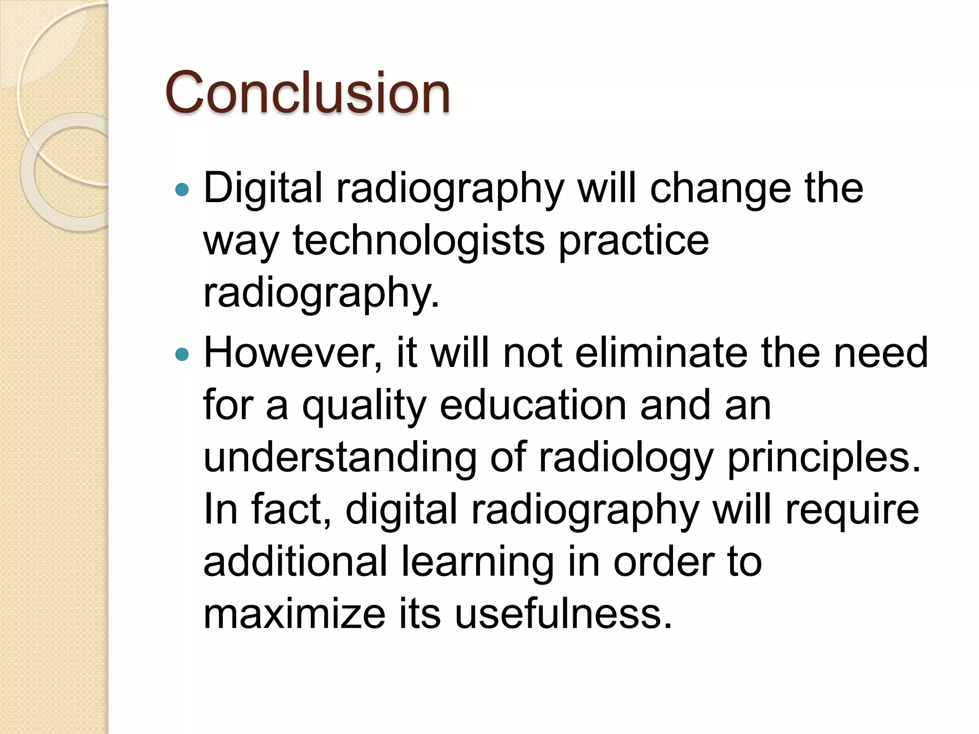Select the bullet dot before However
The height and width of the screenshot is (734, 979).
click(x=182, y=355)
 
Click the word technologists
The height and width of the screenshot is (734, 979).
click(x=418, y=240)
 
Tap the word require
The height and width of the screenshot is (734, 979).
click(x=852, y=510)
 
